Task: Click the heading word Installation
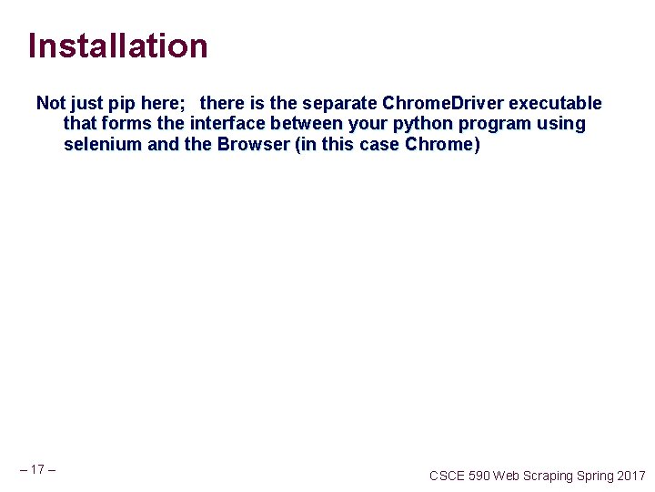[117, 46]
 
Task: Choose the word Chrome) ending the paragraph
[443, 144]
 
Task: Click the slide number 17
[37, 470]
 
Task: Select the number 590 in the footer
[480, 476]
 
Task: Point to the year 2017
[630, 476]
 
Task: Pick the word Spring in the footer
[595, 476]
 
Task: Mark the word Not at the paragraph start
[51, 104]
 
